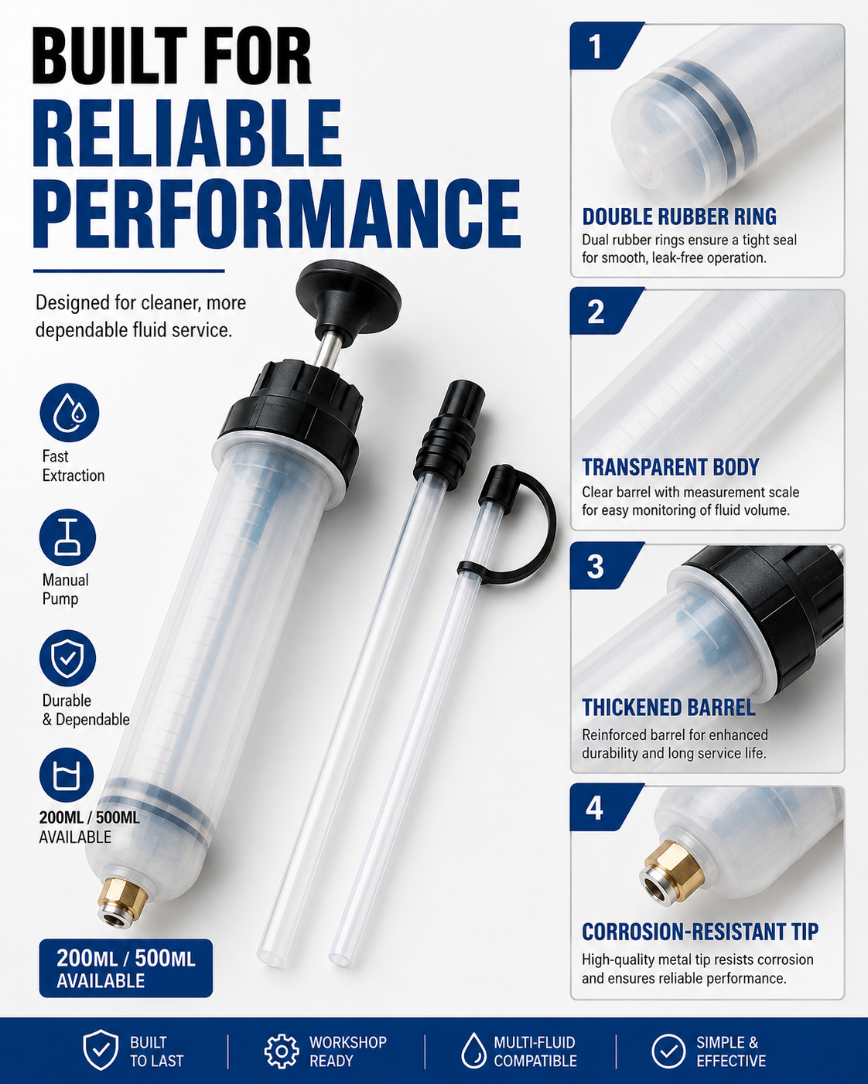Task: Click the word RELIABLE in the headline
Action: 187,133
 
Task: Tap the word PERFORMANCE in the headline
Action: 277,213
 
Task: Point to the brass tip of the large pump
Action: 122,904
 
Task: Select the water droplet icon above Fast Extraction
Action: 70,413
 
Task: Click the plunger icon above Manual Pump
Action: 67,537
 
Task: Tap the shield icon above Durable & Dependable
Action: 67,658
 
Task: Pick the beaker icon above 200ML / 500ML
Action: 67,776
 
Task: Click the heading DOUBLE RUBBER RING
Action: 679,216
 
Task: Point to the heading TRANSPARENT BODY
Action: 671,467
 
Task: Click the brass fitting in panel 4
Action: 672,873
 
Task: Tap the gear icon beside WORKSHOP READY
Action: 282,1052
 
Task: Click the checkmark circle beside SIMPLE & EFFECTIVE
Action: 668,1052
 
